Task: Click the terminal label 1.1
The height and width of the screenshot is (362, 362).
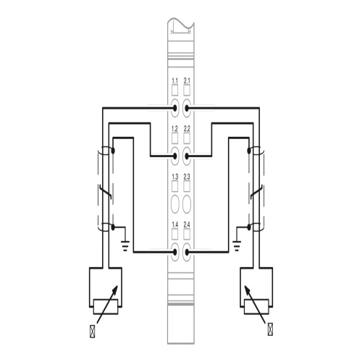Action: coord(174,80)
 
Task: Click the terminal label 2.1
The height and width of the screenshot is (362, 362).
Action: coord(187,80)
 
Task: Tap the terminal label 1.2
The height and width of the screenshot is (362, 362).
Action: coord(174,129)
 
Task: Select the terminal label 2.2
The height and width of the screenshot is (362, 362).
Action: coord(187,129)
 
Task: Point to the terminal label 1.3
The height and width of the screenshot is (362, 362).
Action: coord(174,177)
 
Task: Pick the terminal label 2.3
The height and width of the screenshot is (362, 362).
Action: coord(187,177)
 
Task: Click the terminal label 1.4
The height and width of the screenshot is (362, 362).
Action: coord(174,224)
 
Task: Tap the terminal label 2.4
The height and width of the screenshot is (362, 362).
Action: coord(187,224)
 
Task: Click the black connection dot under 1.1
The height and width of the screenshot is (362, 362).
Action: coord(174,108)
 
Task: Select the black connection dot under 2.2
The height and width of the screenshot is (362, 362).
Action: coord(187,156)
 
